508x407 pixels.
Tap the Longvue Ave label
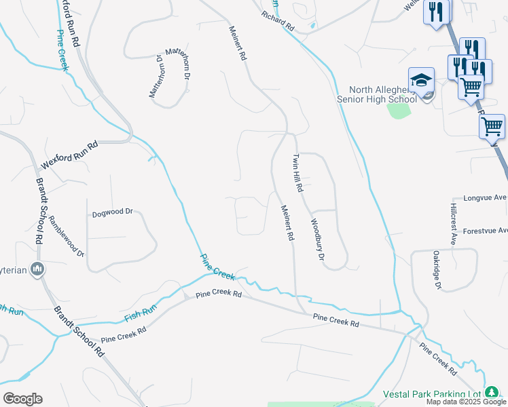coord(485,199)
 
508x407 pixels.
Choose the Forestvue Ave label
coord(485,231)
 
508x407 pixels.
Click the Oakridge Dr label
coord(437,270)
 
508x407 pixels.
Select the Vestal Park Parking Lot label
coord(431,393)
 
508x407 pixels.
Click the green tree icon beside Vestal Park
coord(491,393)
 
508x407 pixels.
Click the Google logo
coord(22,399)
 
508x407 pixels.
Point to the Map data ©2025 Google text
coord(466,402)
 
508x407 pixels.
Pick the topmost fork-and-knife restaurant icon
coord(435,12)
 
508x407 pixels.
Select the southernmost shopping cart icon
coord(492,126)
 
